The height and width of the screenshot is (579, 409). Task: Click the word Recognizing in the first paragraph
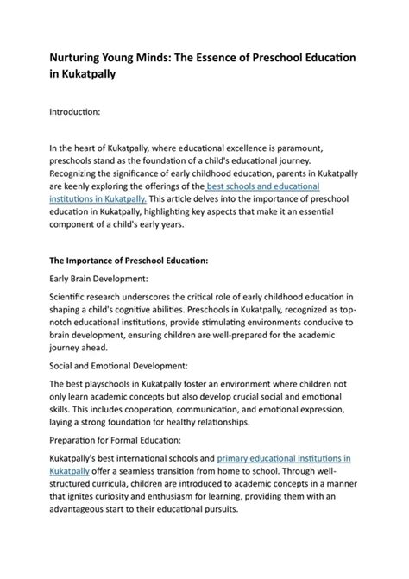click(81, 173)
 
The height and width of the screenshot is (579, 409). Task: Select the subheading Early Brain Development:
click(103, 278)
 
